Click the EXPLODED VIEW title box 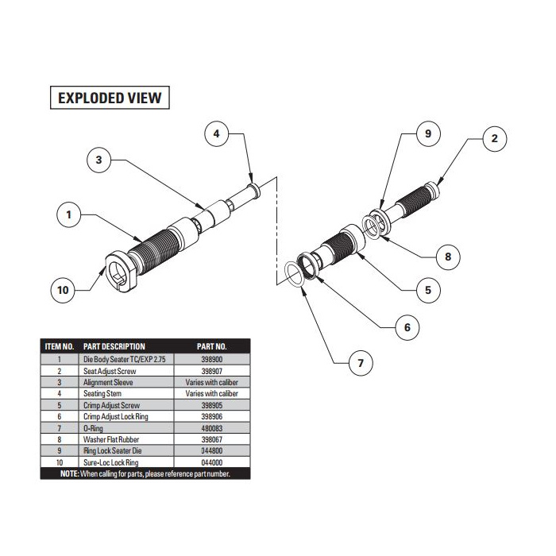click(109, 98)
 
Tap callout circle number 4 click(216, 134)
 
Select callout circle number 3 click(98, 160)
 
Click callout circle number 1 click(69, 213)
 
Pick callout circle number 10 click(64, 291)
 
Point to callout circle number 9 click(427, 134)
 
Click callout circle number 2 click(494, 139)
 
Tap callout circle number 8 click(448, 257)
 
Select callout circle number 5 click(427, 290)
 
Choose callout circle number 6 click(407, 326)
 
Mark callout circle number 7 click(360, 364)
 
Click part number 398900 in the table click(211, 359)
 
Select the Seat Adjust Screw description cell click(110, 370)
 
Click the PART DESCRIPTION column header click(114, 346)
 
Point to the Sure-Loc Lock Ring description click(111, 460)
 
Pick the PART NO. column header click(211, 346)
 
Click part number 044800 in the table click(211, 449)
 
